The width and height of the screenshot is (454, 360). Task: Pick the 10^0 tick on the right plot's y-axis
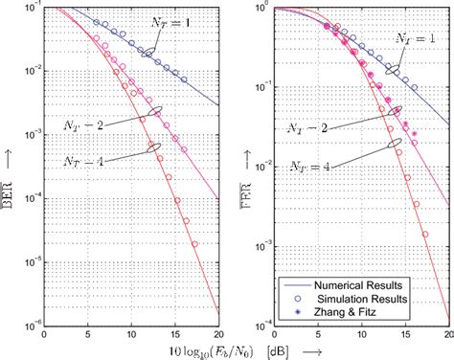[256, 8]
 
